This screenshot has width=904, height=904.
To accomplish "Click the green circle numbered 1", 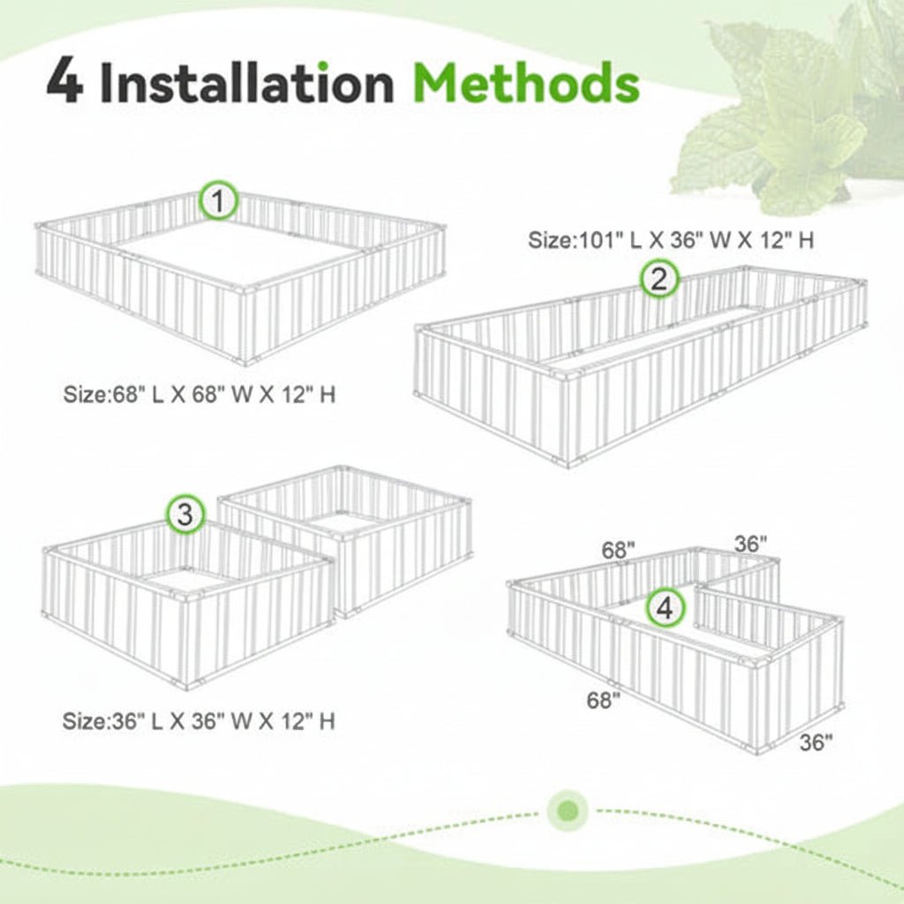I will coord(219,202).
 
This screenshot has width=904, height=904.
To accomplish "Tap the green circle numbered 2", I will coord(659,280).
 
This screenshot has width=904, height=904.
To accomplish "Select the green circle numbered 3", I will coord(185,514).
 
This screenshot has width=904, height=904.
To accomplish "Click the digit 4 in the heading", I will coord(64,83).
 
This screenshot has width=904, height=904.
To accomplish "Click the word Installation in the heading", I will coord(246,83).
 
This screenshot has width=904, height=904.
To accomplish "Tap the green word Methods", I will coord(527,83).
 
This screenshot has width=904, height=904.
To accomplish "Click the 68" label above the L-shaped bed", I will coord(619,550).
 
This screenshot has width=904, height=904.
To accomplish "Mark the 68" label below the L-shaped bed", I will coord(604,701).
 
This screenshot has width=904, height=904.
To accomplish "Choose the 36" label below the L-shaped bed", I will coord(816,742).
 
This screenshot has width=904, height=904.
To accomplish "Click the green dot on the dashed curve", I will coord(568,810).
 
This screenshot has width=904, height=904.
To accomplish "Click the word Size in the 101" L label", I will coord(547,240).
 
